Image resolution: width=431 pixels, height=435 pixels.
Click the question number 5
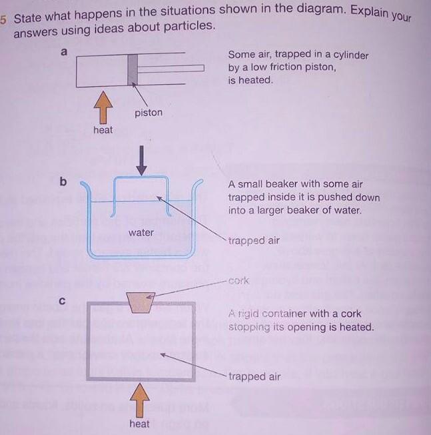3,19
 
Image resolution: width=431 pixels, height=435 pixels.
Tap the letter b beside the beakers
63,181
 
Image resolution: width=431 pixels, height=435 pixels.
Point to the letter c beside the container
62,300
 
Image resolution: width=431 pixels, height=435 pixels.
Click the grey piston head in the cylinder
133,69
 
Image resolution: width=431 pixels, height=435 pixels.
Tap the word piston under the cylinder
148,113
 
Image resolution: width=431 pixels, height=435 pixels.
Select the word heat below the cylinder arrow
103,130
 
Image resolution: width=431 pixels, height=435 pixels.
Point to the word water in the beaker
141,233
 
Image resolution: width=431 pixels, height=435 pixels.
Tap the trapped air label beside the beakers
254,241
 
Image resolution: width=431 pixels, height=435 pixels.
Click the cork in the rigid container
141,302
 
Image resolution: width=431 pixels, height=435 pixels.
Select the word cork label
238,281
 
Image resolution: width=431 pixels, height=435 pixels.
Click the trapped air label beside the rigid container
254,376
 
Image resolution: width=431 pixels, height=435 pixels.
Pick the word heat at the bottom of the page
139,424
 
